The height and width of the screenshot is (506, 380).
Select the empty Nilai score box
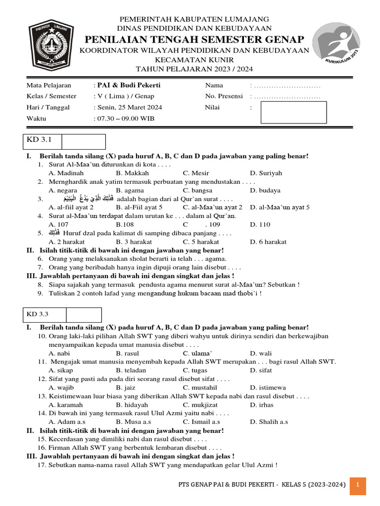pyautogui.click(x=293, y=112)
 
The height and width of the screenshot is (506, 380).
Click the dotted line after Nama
pyautogui.click(x=287, y=85)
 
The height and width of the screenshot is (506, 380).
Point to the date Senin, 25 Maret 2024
pyautogui.click(x=128, y=107)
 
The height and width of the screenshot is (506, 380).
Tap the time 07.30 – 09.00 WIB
pyautogui.click(x=124, y=119)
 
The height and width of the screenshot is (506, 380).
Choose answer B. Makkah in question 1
pyautogui.click(x=130, y=173)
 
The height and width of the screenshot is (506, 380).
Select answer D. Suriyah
pyautogui.click(x=266, y=173)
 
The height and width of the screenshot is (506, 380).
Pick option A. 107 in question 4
pyautogui.click(x=58, y=224)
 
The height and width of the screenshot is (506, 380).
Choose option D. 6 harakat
pyautogui.click(x=268, y=242)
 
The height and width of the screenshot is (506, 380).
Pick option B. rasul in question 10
pyautogui.click(x=127, y=353)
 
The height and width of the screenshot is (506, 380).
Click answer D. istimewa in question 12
pyautogui.click(x=268, y=387)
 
